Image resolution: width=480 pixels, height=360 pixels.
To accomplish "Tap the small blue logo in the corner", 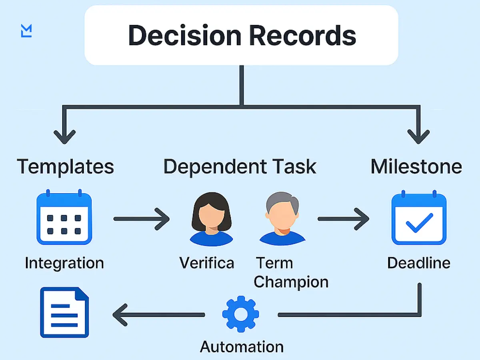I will pos(26,31).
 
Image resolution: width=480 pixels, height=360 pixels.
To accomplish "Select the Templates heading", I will pos(65,166).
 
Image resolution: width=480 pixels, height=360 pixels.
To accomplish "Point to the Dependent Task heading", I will pos(240,166).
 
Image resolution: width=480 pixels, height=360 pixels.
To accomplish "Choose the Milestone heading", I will pos(416,166).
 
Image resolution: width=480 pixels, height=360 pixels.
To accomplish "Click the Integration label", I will pos(64,263).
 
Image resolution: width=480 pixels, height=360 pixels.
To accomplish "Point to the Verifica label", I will pos(206,263).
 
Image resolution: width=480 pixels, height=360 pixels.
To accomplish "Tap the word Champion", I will pos(291,282).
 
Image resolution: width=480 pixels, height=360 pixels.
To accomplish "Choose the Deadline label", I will pos(419,263).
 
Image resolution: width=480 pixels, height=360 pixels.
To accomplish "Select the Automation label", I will pos(242,346).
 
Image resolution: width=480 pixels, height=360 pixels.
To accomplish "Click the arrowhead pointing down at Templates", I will pos(64,136).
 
